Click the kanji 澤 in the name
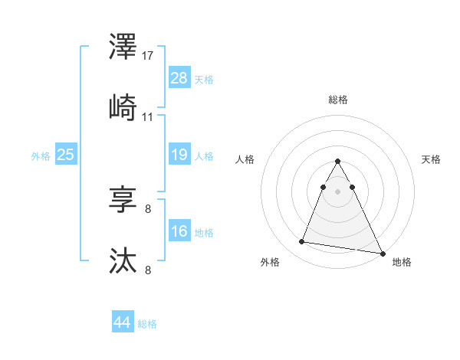124,47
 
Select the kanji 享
124,200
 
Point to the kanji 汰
124,261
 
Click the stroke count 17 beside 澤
148,56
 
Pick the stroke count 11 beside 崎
148,117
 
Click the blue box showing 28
179,78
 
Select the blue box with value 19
179,155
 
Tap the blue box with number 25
66,155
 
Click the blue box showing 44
123,323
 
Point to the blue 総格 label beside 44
147,324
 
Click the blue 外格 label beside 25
41,156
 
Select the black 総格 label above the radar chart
338,100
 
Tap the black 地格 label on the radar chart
402,262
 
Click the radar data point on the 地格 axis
383,254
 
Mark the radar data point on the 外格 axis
302,242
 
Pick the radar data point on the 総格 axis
338,162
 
